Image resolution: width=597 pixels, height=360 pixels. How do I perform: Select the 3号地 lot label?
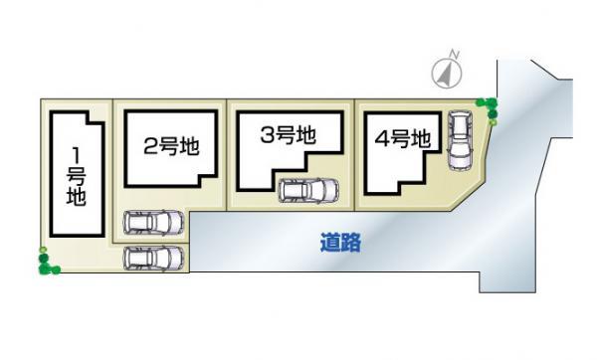click(x=288, y=136)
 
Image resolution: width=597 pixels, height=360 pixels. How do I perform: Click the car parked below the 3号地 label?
click(x=306, y=189)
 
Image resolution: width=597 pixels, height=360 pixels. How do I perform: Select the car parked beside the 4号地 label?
click(x=462, y=139)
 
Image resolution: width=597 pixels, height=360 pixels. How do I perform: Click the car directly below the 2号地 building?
click(x=153, y=225)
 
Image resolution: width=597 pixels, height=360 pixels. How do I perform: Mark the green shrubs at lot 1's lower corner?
click(x=46, y=264)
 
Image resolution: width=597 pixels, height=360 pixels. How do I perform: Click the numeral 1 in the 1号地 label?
click(x=76, y=154)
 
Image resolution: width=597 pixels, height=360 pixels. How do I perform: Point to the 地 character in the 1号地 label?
click(x=76, y=195)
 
